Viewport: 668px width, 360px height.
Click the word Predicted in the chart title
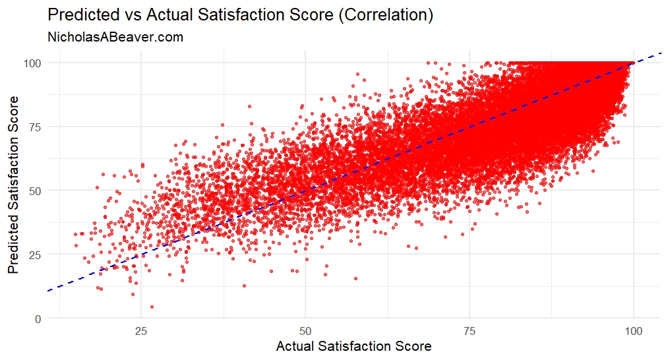click(80, 15)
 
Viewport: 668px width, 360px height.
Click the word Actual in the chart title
click(158, 15)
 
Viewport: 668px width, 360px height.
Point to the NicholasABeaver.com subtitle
click(115, 38)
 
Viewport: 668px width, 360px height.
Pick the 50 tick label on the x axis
click(305, 330)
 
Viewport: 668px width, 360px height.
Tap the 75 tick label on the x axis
click(470, 330)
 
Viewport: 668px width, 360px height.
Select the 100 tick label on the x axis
click(633, 330)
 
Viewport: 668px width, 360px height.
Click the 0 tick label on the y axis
click(38, 318)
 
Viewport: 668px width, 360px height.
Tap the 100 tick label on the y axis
click(33, 63)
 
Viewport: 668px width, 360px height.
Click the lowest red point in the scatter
click(152, 307)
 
